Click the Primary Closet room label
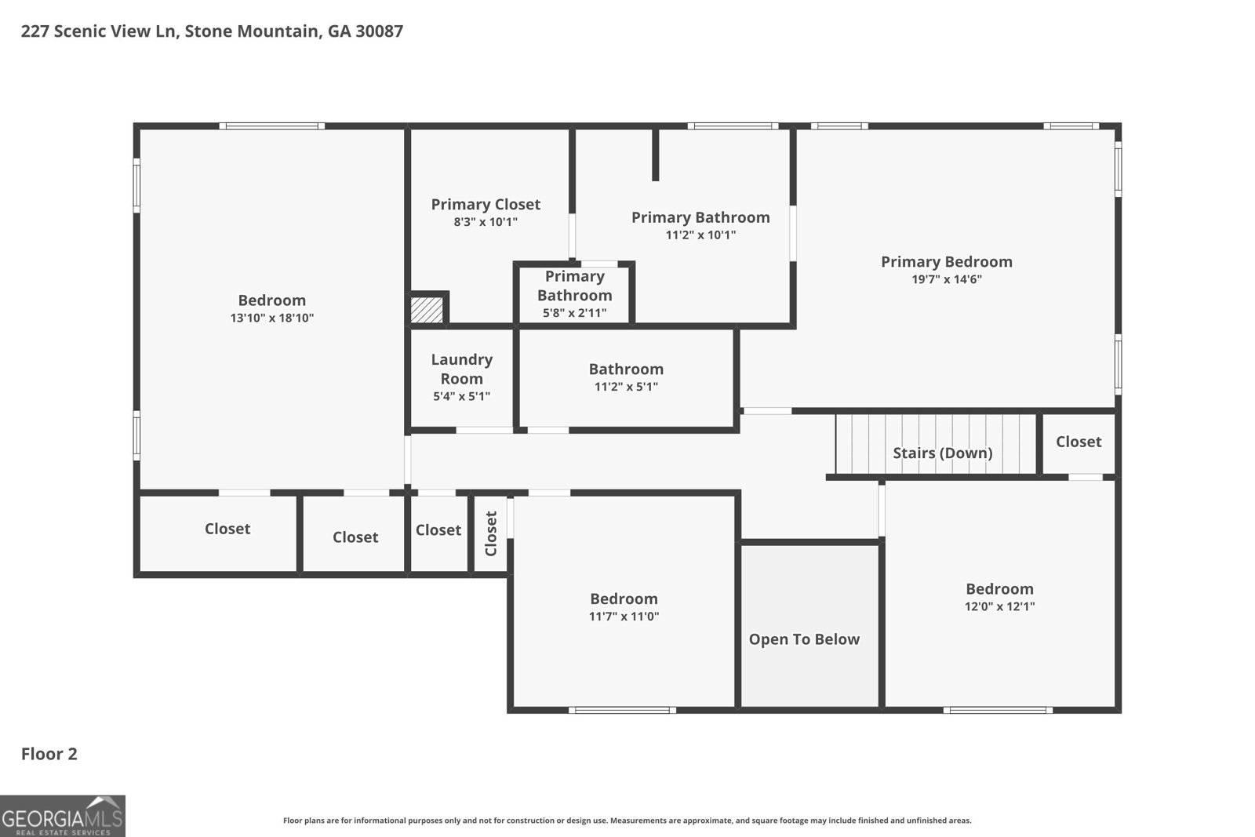click(x=486, y=205)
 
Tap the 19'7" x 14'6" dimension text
click(x=946, y=279)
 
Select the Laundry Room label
click(x=462, y=369)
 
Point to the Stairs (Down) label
click(x=942, y=453)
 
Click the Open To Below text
click(x=804, y=639)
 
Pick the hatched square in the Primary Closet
click(x=427, y=309)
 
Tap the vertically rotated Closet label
click(x=491, y=533)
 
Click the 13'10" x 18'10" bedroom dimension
click(x=271, y=318)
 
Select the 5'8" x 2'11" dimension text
click(x=574, y=313)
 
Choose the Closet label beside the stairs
click(x=1079, y=442)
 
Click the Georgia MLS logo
click(x=62, y=816)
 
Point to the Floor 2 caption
click(x=49, y=754)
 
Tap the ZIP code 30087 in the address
click(x=380, y=31)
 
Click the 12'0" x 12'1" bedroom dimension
click(x=999, y=606)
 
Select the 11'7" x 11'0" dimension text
click(x=624, y=617)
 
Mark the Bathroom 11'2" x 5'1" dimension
click(x=626, y=387)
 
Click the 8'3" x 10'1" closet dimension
click(x=486, y=222)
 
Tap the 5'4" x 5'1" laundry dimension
click(x=462, y=397)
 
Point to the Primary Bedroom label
click(x=946, y=262)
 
